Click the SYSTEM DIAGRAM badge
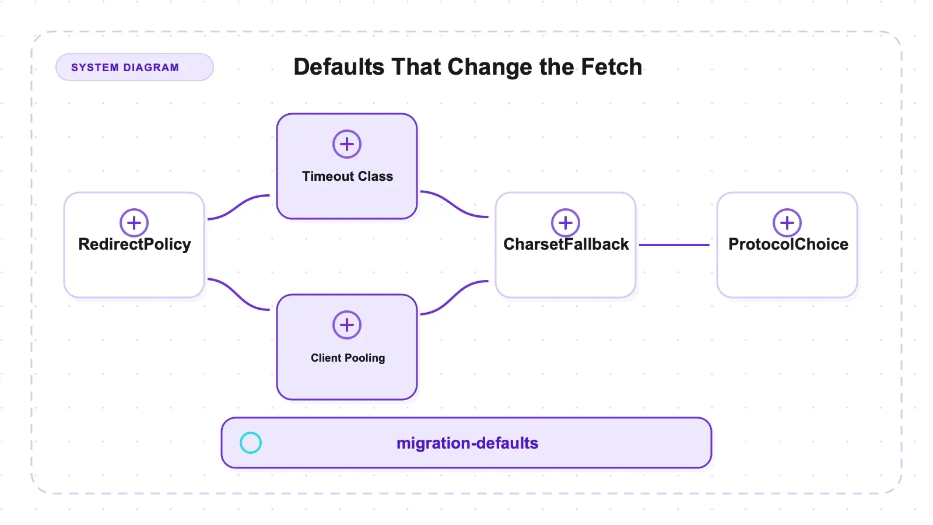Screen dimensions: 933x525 [135, 67]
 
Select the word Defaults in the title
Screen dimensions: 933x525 [339, 66]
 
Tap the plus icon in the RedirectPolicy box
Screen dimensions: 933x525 [134, 223]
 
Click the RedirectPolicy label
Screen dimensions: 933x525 [135, 244]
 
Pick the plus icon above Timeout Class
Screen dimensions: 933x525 [346, 144]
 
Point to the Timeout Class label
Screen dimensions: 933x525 [348, 176]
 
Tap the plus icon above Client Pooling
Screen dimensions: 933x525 [346, 325]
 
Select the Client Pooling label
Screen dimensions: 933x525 [348, 358]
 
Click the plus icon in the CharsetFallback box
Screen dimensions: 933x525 [565, 223]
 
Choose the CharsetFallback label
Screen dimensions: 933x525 [566, 244]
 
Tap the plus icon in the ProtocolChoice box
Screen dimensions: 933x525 [787, 223]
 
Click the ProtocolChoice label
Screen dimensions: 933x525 [788, 244]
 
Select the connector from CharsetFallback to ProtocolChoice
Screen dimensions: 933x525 [674, 245]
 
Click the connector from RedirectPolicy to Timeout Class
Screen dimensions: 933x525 [238, 206]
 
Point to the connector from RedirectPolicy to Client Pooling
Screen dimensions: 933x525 [238, 294]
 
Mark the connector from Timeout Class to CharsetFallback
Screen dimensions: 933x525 [454, 204]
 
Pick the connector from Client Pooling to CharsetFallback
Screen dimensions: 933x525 [454, 297]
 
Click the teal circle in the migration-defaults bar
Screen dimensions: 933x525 [250, 443]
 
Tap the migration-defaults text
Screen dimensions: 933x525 [467, 443]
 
